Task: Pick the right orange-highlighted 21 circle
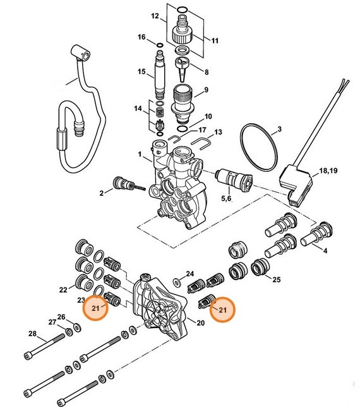click(x=222, y=309)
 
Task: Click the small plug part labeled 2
click(x=119, y=185)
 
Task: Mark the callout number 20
click(x=201, y=324)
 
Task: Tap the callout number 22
click(x=63, y=289)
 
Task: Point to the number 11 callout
click(x=215, y=40)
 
